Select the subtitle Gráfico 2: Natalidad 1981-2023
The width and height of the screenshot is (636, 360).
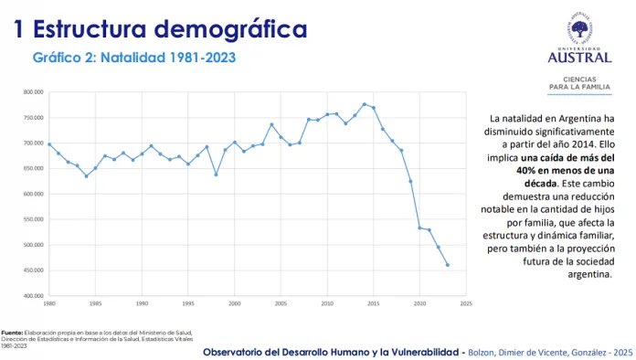(x=134, y=57)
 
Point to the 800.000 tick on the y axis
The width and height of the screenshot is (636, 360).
(x=33, y=92)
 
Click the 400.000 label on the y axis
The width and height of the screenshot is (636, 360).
(x=33, y=296)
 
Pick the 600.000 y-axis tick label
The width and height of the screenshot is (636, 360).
(x=33, y=194)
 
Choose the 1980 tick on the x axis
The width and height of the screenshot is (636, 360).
(x=48, y=302)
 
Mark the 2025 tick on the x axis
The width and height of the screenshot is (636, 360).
(x=466, y=302)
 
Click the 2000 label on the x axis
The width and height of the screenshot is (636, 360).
(x=234, y=302)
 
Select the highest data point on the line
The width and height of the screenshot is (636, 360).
(x=365, y=104)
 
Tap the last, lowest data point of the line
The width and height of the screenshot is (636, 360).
(x=448, y=265)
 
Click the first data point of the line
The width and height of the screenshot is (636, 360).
(x=48, y=144)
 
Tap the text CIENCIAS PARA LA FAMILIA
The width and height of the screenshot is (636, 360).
(x=579, y=83)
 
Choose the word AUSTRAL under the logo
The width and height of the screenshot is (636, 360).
(x=579, y=58)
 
